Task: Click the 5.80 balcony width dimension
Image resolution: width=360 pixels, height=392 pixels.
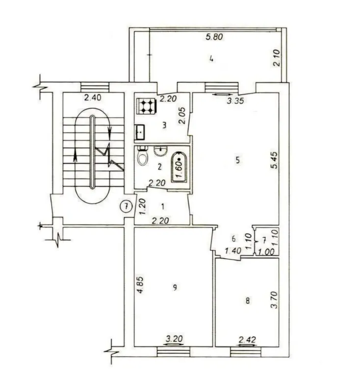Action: [214, 37]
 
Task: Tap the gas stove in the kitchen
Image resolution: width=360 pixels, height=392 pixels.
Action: [147, 106]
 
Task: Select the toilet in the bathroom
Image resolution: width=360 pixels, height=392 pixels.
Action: [143, 155]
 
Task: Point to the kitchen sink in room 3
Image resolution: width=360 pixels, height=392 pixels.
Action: [140, 132]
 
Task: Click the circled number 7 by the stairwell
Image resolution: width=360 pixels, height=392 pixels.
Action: [127, 206]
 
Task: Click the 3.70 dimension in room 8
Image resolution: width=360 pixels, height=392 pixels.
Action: [274, 300]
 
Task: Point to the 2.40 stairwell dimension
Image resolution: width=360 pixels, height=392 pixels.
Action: [93, 97]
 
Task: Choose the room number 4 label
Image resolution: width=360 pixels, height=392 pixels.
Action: [212, 59]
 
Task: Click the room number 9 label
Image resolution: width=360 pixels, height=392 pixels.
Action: [175, 288]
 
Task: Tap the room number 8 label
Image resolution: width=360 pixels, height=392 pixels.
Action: [247, 300]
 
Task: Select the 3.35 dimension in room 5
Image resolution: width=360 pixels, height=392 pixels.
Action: [235, 101]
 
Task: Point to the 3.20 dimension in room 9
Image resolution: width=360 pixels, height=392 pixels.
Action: [175, 339]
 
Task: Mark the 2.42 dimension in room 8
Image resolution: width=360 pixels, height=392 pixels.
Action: [247, 340]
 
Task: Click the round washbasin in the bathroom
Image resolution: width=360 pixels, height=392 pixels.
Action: [160, 151]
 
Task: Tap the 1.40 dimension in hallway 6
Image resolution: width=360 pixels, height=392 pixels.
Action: [233, 250]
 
